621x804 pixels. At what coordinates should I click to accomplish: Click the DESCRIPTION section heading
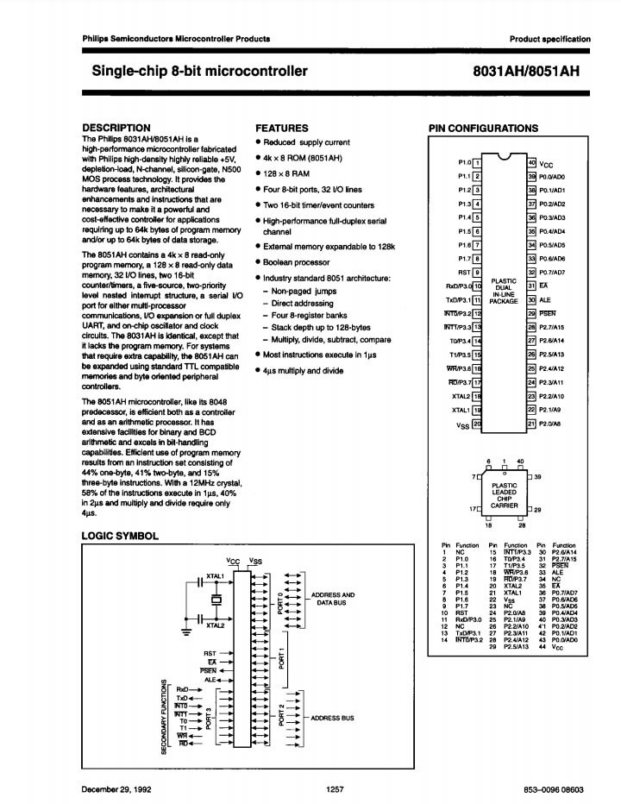tap(116, 128)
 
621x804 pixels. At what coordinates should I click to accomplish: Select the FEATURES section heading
tap(282, 128)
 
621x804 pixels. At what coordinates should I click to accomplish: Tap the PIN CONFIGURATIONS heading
tap(483, 129)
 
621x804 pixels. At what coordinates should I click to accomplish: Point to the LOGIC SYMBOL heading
tap(120, 536)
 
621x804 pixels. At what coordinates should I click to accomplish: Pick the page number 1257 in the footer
tap(336, 789)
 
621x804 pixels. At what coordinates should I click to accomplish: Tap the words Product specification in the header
tap(550, 39)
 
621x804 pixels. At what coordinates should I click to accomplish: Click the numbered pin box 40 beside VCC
tap(532, 162)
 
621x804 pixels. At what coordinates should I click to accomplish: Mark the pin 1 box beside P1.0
tap(477, 162)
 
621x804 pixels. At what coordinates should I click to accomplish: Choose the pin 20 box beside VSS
tap(477, 425)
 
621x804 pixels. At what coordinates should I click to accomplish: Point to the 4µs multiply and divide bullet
tap(303, 370)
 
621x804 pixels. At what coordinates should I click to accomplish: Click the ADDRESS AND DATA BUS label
tap(333, 599)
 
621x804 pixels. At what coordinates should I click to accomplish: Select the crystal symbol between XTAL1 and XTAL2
tap(216, 599)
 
